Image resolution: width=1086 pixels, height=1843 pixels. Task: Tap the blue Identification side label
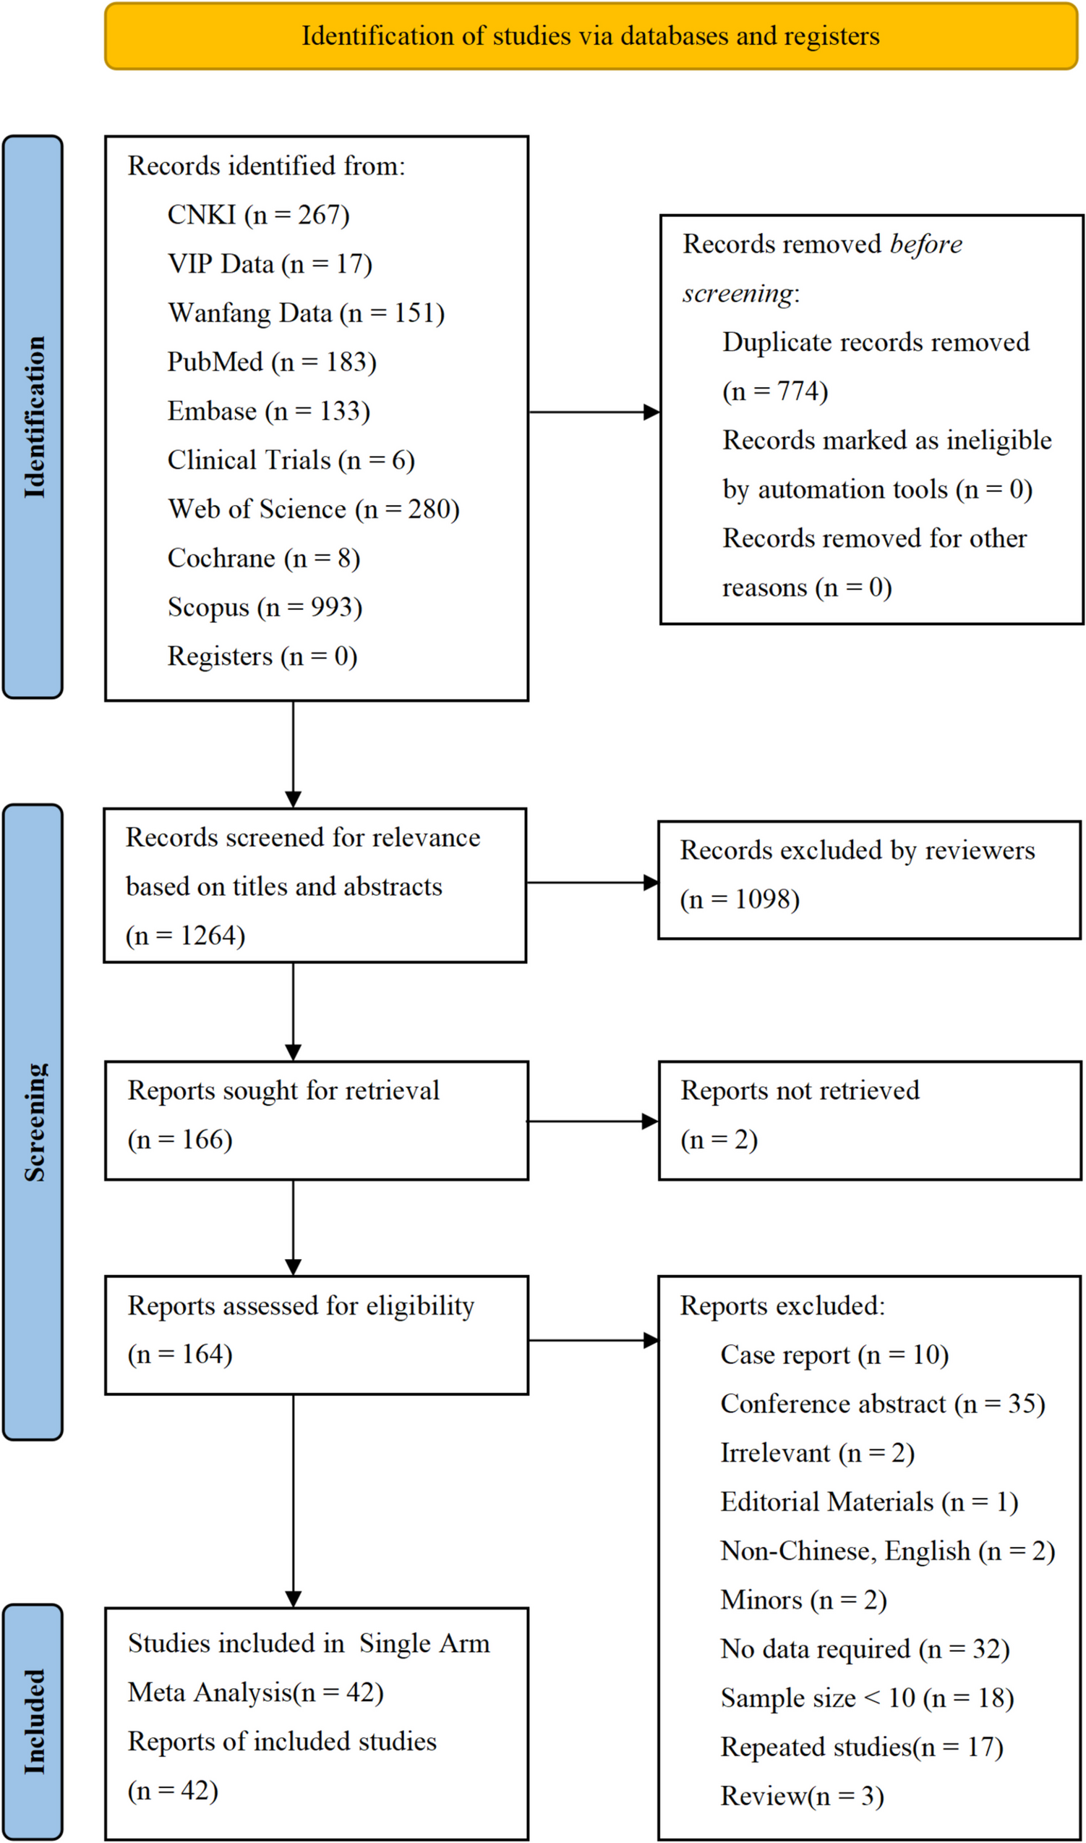33,417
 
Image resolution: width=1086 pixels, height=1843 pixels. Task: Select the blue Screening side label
33,1121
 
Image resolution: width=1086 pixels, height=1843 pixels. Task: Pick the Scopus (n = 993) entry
265,607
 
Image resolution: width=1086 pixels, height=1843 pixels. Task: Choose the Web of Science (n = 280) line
313,509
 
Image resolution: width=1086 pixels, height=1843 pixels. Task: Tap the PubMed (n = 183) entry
272,362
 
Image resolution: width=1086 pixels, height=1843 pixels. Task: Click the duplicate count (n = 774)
775,391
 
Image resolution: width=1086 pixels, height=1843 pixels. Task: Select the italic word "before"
925,244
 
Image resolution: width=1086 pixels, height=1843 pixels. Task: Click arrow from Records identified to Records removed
593,412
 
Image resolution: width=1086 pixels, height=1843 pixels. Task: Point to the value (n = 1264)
185,935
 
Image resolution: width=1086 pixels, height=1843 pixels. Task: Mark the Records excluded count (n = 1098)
740,899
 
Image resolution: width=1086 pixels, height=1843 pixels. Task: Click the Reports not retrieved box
869,1120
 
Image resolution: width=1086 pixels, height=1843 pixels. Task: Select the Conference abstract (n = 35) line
883,1404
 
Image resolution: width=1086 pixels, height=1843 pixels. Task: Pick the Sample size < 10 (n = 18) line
867,1698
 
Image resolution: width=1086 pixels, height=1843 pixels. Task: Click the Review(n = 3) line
802,1796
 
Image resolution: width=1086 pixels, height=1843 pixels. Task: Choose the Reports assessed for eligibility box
316,1335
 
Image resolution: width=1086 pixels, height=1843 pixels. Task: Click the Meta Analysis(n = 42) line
255,1692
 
